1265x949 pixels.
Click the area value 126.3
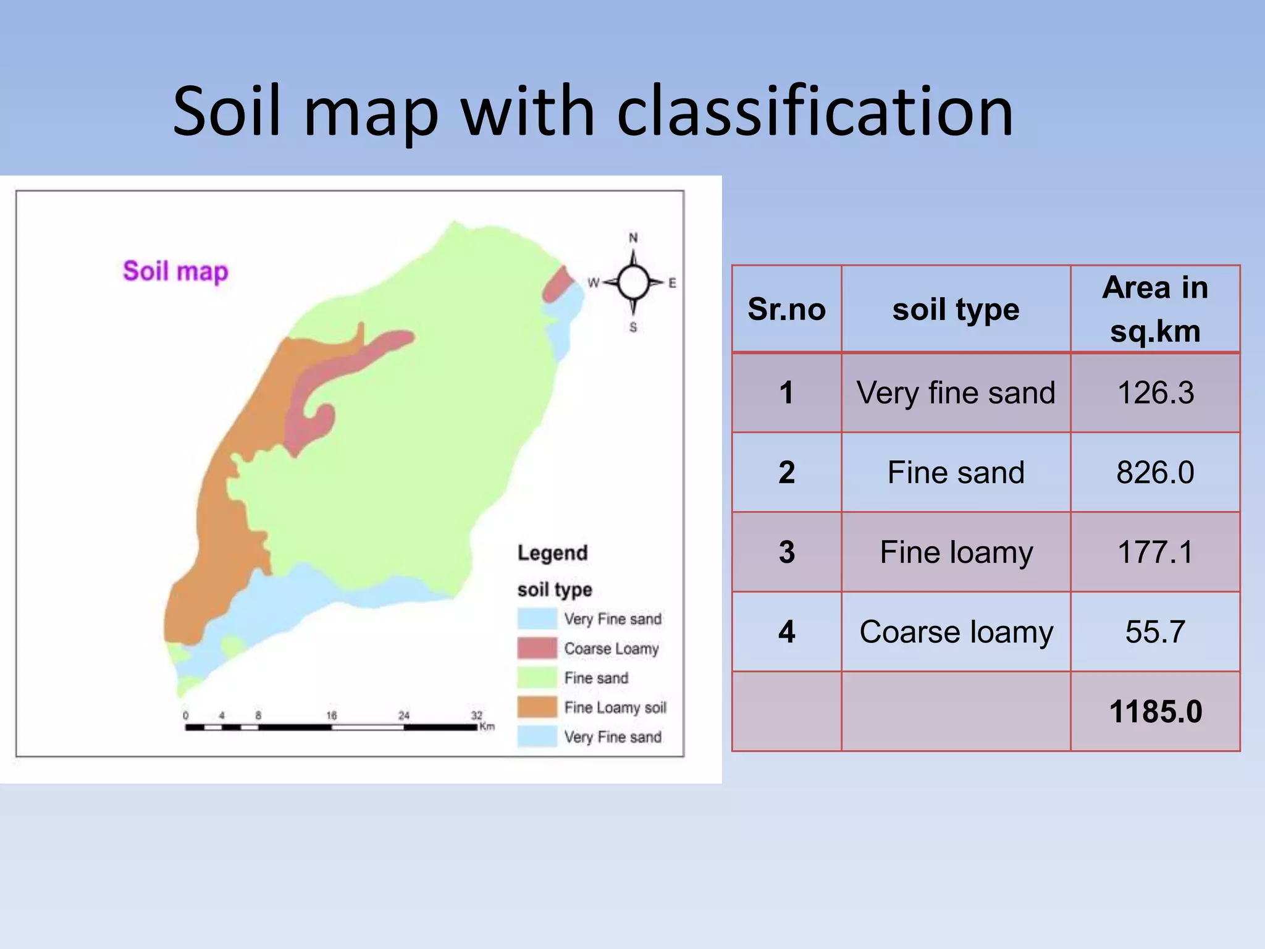tap(1155, 393)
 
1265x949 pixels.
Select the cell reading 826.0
tap(1155, 473)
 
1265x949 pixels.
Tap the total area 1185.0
tap(1155, 712)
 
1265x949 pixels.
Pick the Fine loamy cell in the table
tap(956, 552)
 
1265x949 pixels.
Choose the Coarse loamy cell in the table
tap(956, 632)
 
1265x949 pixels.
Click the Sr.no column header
tap(786, 309)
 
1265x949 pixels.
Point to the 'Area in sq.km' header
tap(1155, 309)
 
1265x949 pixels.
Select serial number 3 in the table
tap(786, 552)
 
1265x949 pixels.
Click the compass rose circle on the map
tap(633, 282)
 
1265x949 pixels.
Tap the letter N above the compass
tap(633, 238)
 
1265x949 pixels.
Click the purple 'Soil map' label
tap(175, 271)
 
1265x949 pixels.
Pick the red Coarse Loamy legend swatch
tap(537, 648)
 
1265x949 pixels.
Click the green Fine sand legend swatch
tap(537, 678)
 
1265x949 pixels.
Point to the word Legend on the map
tap(552, 553)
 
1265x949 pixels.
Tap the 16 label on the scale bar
tap(332, 715)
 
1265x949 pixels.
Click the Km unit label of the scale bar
tap(487, 727)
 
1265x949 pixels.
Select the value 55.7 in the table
tap(1155, 632)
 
